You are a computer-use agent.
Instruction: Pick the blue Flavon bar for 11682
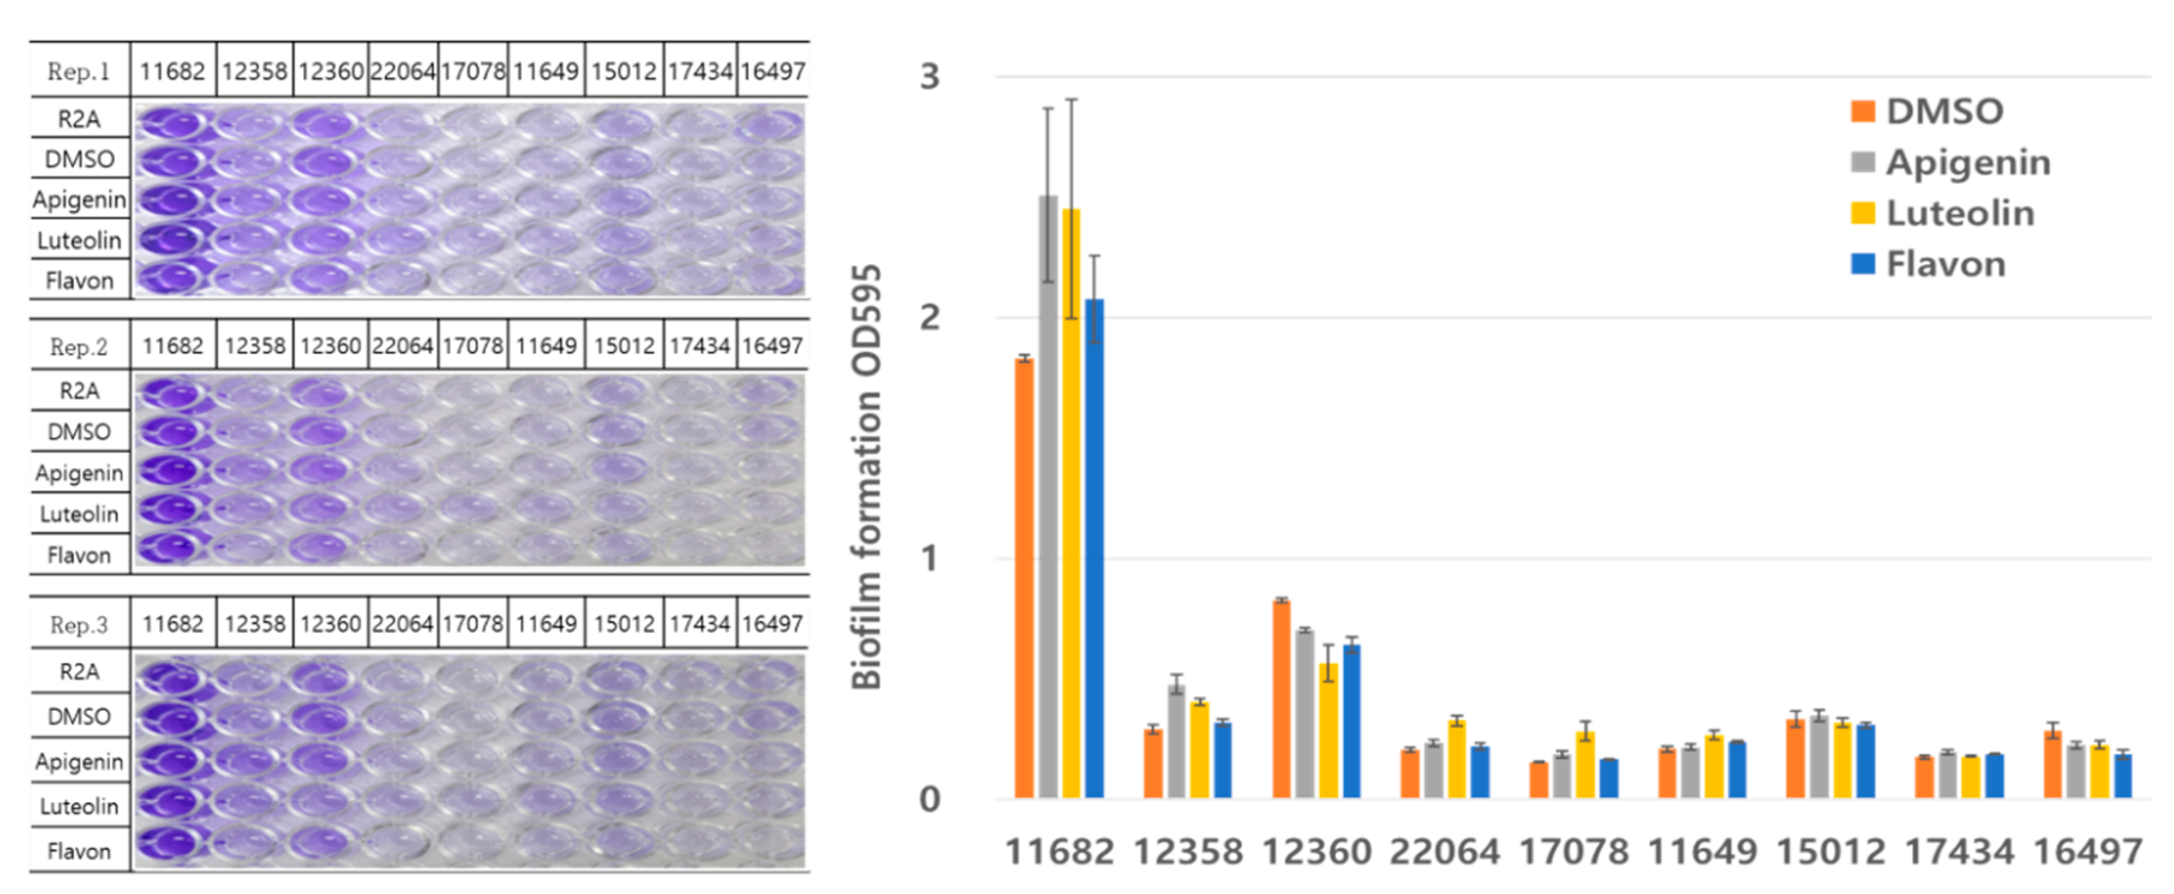coord(1094,549)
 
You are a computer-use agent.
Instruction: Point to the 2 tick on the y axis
coord(929,318)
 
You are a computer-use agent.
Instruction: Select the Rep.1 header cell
coord(79,71)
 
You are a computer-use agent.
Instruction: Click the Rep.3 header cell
coord(79,624)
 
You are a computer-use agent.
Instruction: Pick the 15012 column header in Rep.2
coord(623,346)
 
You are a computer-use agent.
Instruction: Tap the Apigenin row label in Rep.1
coord(79,200)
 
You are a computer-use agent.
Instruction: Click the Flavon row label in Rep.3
coord(79,851)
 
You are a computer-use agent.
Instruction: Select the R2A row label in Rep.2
coord(79,391)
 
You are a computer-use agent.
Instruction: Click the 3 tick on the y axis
coord(929,77)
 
